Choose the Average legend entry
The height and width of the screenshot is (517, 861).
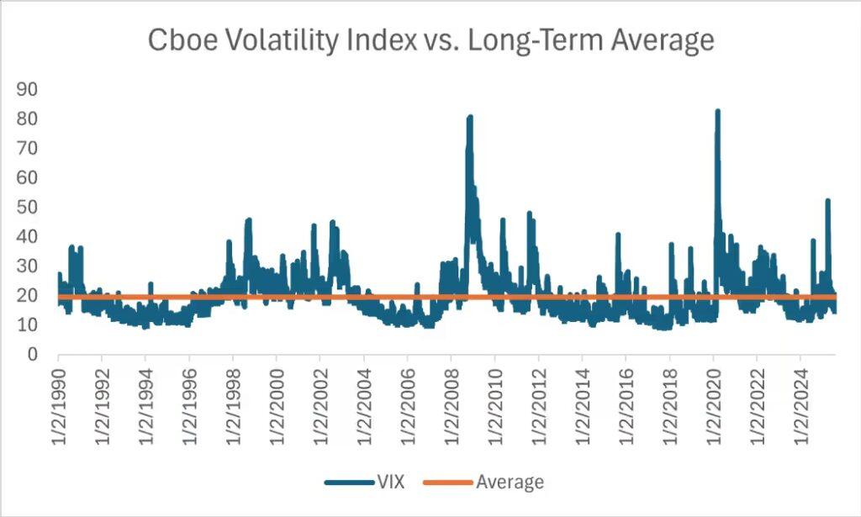(510, 482)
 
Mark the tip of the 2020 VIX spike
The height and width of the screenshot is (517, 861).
(717, 110)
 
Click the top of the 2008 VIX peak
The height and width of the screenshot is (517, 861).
(470, 116)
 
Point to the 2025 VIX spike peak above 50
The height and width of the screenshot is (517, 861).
(828, 200)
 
